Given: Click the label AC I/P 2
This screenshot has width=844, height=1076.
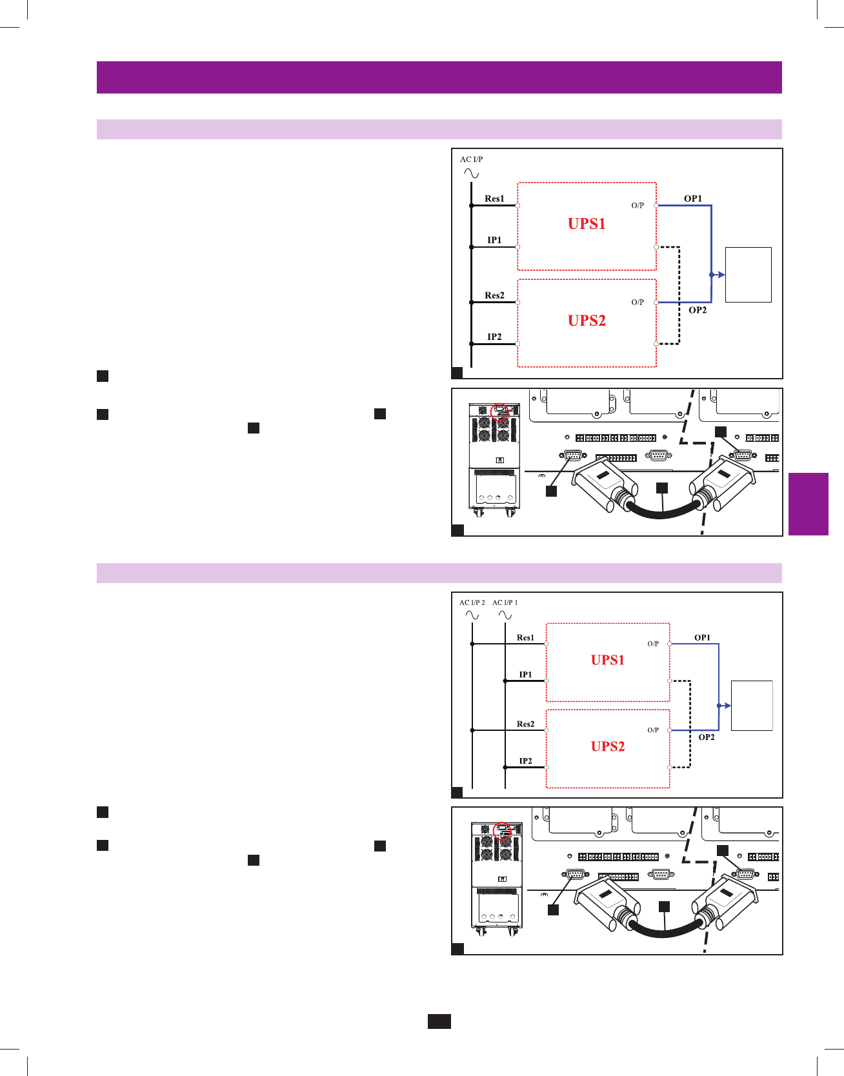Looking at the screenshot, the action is coord(472,603).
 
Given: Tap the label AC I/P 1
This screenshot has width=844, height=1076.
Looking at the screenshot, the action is coord(505,603).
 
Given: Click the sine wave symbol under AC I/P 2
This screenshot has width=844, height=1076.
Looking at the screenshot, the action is coord(472,615).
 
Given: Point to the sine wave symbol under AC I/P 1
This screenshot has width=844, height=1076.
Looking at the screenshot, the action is coord(505,615).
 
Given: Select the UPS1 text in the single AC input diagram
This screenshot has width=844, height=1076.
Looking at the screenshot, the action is coord(587,224).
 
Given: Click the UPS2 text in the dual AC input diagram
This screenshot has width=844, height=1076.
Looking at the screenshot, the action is coord(608,746).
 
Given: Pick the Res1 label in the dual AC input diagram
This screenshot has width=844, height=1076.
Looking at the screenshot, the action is coord(525,637).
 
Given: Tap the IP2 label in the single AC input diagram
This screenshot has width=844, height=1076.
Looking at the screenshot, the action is coord(494,337).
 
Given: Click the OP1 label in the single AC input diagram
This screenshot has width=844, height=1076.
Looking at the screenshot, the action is coord(693,199).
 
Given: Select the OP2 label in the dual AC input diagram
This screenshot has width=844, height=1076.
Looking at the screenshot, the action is coord(707,737).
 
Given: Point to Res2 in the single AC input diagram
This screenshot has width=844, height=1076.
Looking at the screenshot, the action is coord(494,295).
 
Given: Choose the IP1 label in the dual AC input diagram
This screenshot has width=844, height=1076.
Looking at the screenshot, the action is coord(526,675).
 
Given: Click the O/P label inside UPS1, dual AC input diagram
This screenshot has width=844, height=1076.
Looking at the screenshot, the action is coord(653,644).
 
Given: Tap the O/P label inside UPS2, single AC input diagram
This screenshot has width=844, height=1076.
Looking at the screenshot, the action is coord(638,302).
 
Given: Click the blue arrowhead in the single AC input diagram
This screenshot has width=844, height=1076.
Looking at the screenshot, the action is coord(721,275).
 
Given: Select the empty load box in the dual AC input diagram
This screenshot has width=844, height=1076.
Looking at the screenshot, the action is coord(751,705).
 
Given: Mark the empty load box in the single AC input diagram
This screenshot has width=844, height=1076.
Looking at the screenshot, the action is coord(748,274).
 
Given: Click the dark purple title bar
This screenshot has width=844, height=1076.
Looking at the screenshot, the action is coord(439,77).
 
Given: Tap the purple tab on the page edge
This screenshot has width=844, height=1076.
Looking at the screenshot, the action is coord(808,504).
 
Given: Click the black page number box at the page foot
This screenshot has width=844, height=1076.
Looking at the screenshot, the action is coord(439,1021).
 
